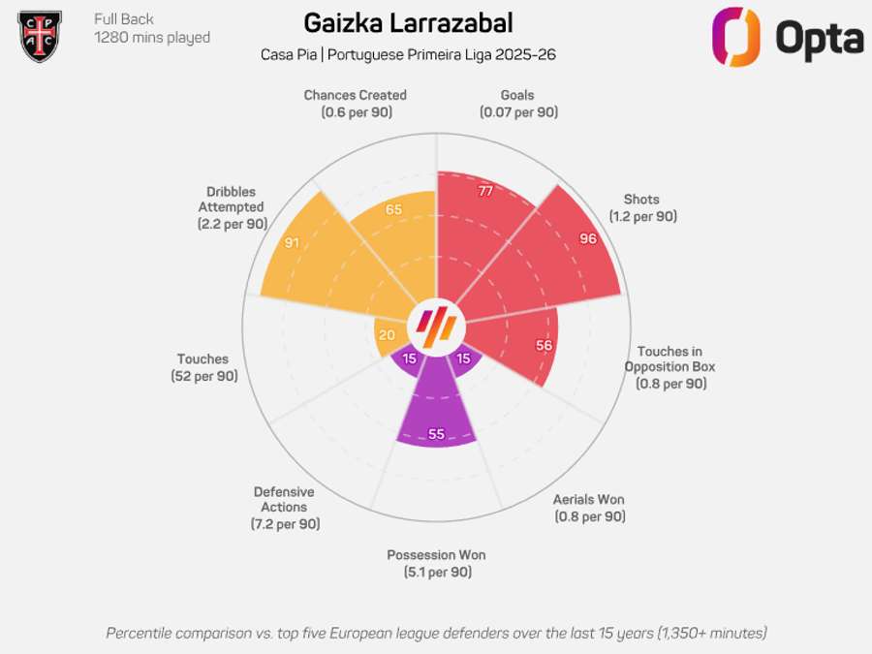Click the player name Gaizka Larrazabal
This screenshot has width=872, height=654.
pyautogui.click(x=408, y=23)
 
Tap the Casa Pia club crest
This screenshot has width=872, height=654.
pyautogui.click(x=40, y=35)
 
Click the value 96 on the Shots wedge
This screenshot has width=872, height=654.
pyautogui.click(x=588, y=238)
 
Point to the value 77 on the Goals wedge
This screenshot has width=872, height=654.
pyautogui.click(x=485, y=191)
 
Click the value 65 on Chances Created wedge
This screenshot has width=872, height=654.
pyautogui.click(x=393, y=209)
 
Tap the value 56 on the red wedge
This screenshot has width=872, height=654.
pyautogui.click(x=544, y=345)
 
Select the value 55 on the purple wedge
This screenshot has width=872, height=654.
pyautogui.click(x=436, y=434)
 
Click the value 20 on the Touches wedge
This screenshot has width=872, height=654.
pyautogui.click(x=388, y=335)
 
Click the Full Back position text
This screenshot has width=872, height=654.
pyautogui.click(x=124, y=18)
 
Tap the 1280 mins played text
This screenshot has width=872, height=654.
pyautogui.click(x=151, y=38)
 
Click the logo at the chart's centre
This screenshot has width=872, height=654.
pyautogui.click(x=436, y=327)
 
